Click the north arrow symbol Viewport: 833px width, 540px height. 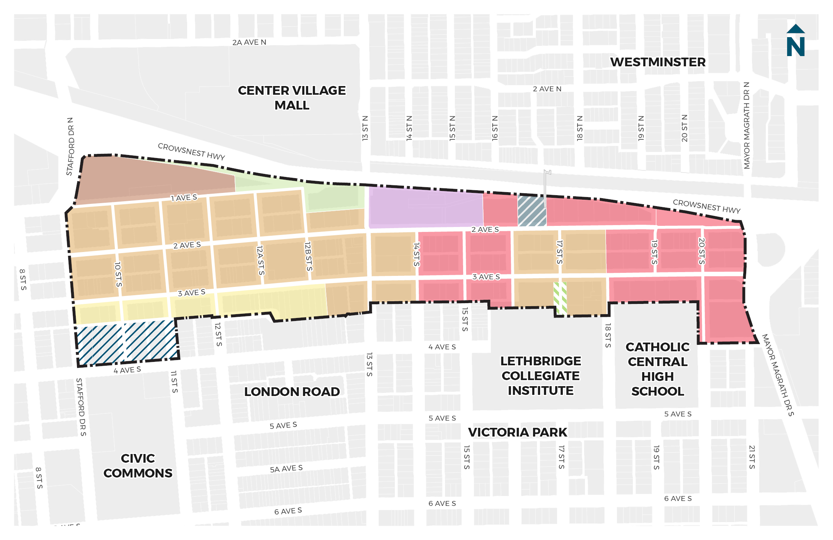click(x=795, y=41)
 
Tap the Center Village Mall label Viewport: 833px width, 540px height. click(x=291, y=98)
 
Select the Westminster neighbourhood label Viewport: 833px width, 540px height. click(x=658, y=62)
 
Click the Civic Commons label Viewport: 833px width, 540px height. click(x=138, y=466)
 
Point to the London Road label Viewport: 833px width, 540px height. click(x=291, y=392)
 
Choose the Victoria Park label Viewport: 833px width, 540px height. click(x=517, y=432)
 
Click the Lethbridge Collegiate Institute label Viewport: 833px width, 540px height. click(x=540, y=376)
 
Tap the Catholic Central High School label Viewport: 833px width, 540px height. click(x=658, y=369)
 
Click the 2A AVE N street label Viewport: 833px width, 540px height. click(x=249, y=42)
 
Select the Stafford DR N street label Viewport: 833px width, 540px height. click(x=70, y=146)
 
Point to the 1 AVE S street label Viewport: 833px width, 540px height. click(x=184, y=198)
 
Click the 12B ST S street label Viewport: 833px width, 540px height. click(x=308, y=257)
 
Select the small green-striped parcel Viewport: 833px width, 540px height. click(x=560, y=298)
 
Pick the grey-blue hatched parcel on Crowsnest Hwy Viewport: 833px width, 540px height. click(x=532, y=211)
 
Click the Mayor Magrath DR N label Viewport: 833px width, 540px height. click(x=747, y=125)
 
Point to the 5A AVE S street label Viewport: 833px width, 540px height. click(x=286, y=469)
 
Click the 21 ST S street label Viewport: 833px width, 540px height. click(x=752, y=457)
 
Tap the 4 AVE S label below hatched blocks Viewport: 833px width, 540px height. click(x=127, y=370)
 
